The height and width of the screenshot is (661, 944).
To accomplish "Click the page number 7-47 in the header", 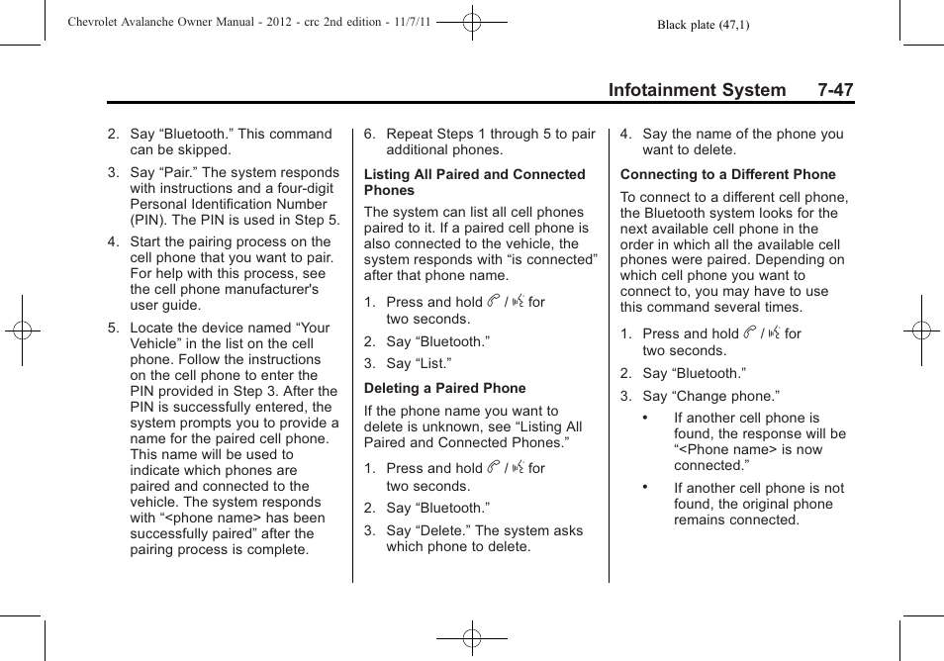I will click(835, 90).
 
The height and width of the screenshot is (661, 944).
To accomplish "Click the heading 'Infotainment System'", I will click(697, 90).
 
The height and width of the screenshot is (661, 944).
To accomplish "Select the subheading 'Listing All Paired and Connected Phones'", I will click(474, 182).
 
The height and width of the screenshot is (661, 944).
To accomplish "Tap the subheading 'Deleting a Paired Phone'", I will click(444, 388).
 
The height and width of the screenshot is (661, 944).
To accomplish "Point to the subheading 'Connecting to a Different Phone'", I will click(727, 174).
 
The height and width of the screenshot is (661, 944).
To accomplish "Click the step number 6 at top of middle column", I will click(368, 134).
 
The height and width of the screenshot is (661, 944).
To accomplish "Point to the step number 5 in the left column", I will click(113, 328).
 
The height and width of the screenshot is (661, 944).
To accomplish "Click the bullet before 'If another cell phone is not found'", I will click(645, 487).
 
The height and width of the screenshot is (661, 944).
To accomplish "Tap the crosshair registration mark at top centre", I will click(472, 21).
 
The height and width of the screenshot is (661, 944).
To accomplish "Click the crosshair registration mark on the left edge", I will click(22, 330).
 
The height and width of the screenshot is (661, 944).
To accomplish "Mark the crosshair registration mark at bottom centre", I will click(472, 638).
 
